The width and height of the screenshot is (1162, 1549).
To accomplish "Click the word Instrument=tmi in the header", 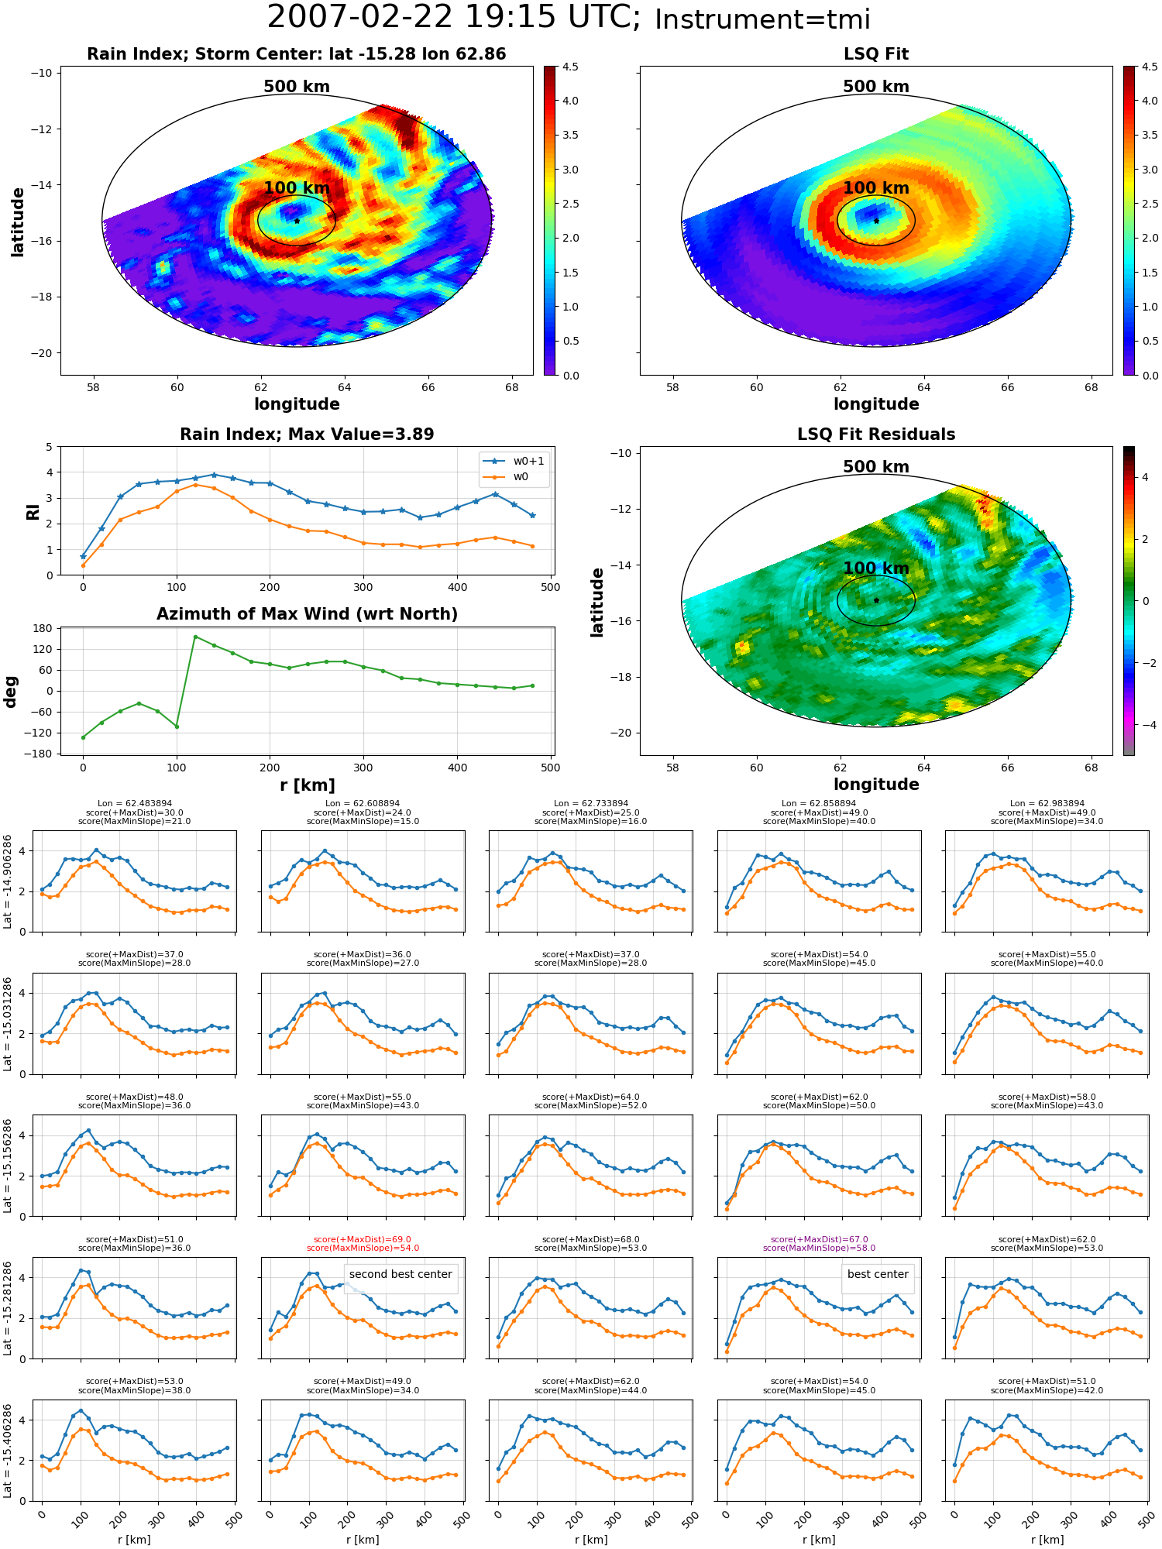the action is coord(762,19).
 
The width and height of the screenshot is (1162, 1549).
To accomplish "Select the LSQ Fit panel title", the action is coord(876,54).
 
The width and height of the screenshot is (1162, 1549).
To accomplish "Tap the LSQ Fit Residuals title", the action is coord(876,434).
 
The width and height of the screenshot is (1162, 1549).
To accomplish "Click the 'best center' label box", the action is coord(878,1274).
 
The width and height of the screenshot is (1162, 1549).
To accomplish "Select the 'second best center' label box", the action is coord(401,1274).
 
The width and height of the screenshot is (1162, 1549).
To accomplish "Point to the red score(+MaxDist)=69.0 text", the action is coord(363,1239).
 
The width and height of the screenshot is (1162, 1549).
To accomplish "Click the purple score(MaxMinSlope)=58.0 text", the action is coord(819,1248).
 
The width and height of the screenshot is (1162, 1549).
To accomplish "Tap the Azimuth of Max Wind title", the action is coord(307,614).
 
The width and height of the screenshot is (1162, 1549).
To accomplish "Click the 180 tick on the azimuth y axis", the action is coord(43,628).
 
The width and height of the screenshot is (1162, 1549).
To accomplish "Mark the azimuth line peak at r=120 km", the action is coord(195,637).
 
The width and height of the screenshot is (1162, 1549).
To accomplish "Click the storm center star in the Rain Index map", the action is coord(297,221).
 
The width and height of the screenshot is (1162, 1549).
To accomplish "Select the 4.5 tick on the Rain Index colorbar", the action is coord(570,67).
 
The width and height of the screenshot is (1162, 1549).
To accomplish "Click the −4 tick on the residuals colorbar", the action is coord(1147,725).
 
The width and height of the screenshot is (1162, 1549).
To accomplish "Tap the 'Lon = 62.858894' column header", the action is coord(819,804).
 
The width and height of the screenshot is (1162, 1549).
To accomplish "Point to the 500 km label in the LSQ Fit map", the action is coord(876,87).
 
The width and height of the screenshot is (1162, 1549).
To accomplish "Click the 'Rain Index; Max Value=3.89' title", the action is coord(307,434).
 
